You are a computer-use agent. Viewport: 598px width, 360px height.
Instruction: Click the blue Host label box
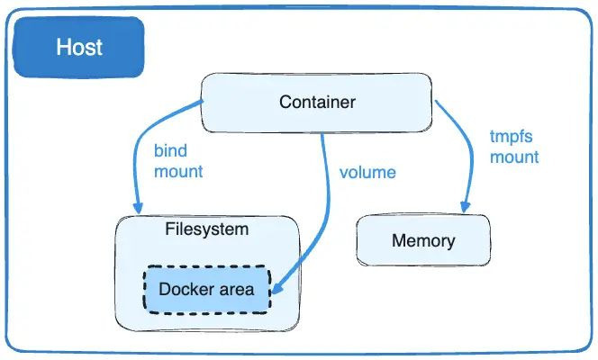pos(79,48)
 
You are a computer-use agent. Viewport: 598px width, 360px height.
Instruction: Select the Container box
pos(317,102)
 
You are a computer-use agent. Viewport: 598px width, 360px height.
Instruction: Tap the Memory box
pos(422,241)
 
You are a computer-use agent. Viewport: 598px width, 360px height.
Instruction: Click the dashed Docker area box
pos(205,289)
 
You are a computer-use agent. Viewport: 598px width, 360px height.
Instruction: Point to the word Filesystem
pos(206,229)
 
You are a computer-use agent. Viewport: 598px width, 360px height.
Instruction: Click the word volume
pos(367,171)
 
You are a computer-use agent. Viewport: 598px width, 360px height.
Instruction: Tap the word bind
pos(170,150)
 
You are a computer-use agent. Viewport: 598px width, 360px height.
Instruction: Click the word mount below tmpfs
pos(514,157)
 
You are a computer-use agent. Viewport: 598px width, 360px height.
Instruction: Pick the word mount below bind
pos(178,170)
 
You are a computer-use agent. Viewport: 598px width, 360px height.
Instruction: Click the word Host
pos(79,48)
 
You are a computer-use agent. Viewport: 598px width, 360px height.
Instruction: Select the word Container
pos(317,102)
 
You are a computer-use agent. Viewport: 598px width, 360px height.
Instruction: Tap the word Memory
pos(422,241)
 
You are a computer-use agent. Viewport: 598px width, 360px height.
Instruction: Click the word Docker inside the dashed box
pos(185,289)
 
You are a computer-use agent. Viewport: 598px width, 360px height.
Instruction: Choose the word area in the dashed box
pos(235,289)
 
